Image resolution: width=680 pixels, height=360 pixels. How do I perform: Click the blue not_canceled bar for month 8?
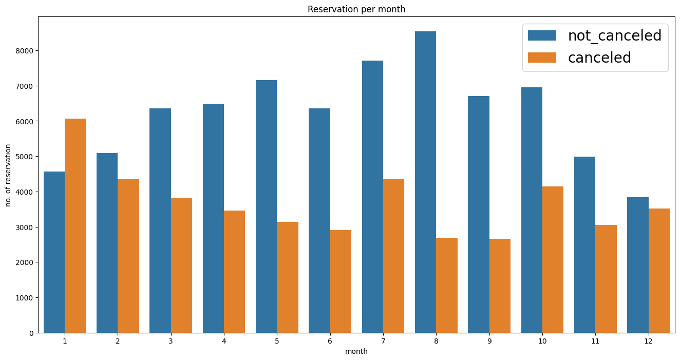click(425, 182)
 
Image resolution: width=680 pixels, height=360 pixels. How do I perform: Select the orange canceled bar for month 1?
click(75, 226)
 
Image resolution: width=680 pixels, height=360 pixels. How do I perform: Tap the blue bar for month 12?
click(638, 265)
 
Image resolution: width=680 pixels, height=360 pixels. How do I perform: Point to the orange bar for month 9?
click(500, 286)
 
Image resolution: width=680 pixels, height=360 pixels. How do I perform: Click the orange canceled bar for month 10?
click(553, 259)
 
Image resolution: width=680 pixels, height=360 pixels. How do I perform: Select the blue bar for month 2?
click(107, 243)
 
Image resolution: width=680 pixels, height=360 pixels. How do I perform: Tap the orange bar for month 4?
click(234, 272)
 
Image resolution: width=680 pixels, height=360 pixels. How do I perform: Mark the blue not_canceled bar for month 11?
click(584, 244)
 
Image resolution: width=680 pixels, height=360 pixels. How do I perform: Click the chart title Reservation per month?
click(356, 9)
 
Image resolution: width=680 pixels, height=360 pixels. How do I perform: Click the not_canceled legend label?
click(614, 35)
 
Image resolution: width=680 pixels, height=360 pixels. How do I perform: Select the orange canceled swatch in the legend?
click(542, 58)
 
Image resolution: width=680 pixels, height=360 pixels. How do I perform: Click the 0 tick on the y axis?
click(32, 333)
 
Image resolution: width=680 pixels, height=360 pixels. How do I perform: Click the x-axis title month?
click(356, 352)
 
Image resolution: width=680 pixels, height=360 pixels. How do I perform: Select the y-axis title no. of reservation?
click(8, 175)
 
